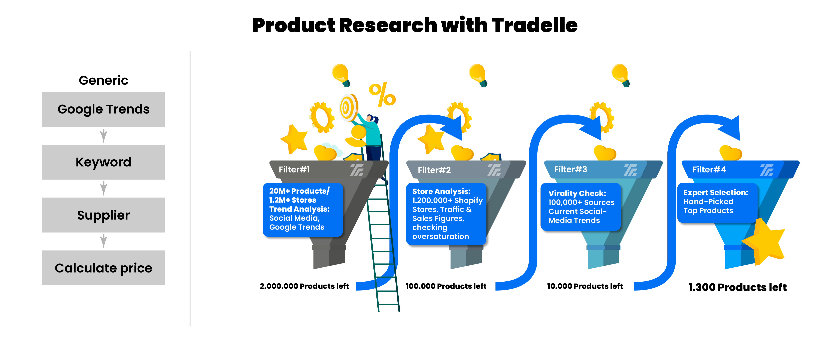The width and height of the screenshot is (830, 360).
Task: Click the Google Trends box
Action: coord(103,109)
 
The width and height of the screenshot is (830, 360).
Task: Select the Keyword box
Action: coord(103,162)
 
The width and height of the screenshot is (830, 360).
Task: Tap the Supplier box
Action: coord(103,215)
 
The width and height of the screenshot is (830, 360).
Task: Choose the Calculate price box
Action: coord(103,268)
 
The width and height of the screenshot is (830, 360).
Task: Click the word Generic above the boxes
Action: coord(103,80)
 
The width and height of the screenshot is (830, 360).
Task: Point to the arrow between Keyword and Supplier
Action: coord(103,188)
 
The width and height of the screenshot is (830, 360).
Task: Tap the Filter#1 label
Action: coord(294,169)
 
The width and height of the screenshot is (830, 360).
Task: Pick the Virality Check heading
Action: coord(577,193)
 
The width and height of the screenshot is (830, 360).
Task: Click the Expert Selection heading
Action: coord(716,192)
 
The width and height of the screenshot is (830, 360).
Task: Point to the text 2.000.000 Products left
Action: coord(304,286)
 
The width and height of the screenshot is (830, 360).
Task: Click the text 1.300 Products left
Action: coord(737,287)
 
